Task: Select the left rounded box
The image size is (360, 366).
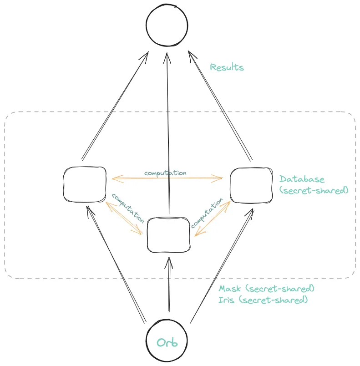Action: point(85,184)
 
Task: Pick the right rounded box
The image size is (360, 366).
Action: point(252,185)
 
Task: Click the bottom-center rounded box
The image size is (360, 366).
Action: point(168,234)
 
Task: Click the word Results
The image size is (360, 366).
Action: point(227,68)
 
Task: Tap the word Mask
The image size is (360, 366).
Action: point(229,289)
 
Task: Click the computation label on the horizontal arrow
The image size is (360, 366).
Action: point(165,173)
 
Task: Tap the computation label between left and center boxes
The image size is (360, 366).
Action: point(128,208)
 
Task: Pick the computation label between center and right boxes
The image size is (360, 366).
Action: point(207,213)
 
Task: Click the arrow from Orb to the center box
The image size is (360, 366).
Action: point(169,287)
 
